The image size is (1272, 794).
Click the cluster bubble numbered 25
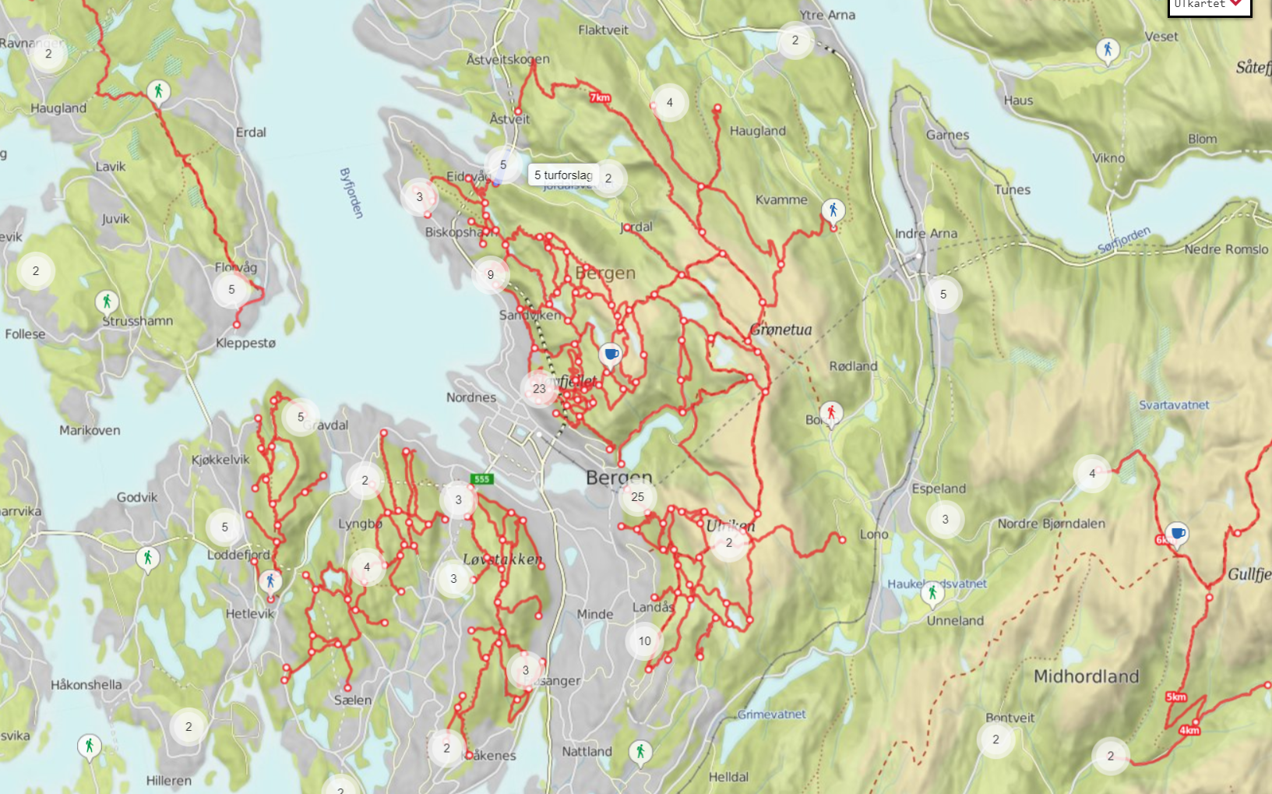click(638, 497)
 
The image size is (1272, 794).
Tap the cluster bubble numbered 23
click(539, 388)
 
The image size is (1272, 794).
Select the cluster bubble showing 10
click(644, 641)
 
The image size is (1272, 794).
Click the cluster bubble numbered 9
click(491, 274)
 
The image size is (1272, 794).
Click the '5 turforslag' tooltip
click(563, 175)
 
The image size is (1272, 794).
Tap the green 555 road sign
click(481, 479)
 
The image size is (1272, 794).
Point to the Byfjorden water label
click(351, 192)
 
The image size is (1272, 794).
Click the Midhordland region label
click(1086, 676)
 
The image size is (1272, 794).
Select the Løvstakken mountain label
click(502, 559)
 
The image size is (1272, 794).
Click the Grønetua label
click(780, 330)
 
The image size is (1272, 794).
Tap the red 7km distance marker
click(600, 97)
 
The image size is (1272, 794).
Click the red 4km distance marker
click(1189, 730)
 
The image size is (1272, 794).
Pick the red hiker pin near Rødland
click(831, 413)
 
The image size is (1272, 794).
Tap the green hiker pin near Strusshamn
click(107, 301)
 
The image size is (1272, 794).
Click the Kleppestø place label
click(245, 343)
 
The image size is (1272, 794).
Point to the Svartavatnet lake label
click(1174, 405)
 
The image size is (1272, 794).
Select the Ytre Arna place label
click(827, 15)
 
